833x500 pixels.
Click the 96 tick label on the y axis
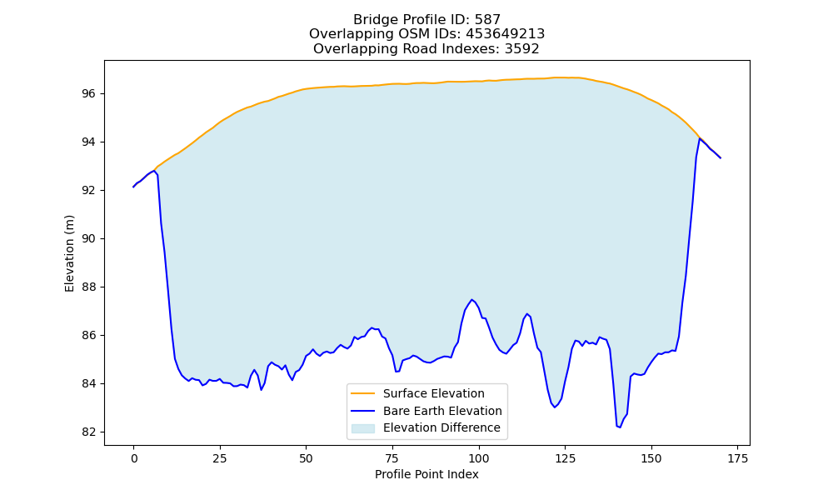point(89,93)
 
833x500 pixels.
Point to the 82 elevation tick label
point(89,432)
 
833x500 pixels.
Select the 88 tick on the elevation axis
point(89,287)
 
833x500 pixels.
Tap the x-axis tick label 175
point(738,458)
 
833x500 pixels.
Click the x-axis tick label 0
point(134,458)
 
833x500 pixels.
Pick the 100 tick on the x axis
point(479,458)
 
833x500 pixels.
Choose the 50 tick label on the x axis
point(306,458)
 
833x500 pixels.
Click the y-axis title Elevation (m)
point(70,253)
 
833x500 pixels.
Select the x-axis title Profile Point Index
point(426,474)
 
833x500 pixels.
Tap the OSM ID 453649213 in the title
point(506,34)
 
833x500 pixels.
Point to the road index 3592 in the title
point(522,49)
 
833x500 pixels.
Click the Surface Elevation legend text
point(433,393)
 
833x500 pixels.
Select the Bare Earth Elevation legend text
point(442,411)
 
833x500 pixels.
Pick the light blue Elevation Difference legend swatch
point(363,428)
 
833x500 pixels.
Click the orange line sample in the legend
point(363,393)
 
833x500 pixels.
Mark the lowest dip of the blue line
point(620,427)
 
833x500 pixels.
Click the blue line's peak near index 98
point(471,300)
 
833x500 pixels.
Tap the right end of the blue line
point(721,157)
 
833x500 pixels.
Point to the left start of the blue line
point(133,187)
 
